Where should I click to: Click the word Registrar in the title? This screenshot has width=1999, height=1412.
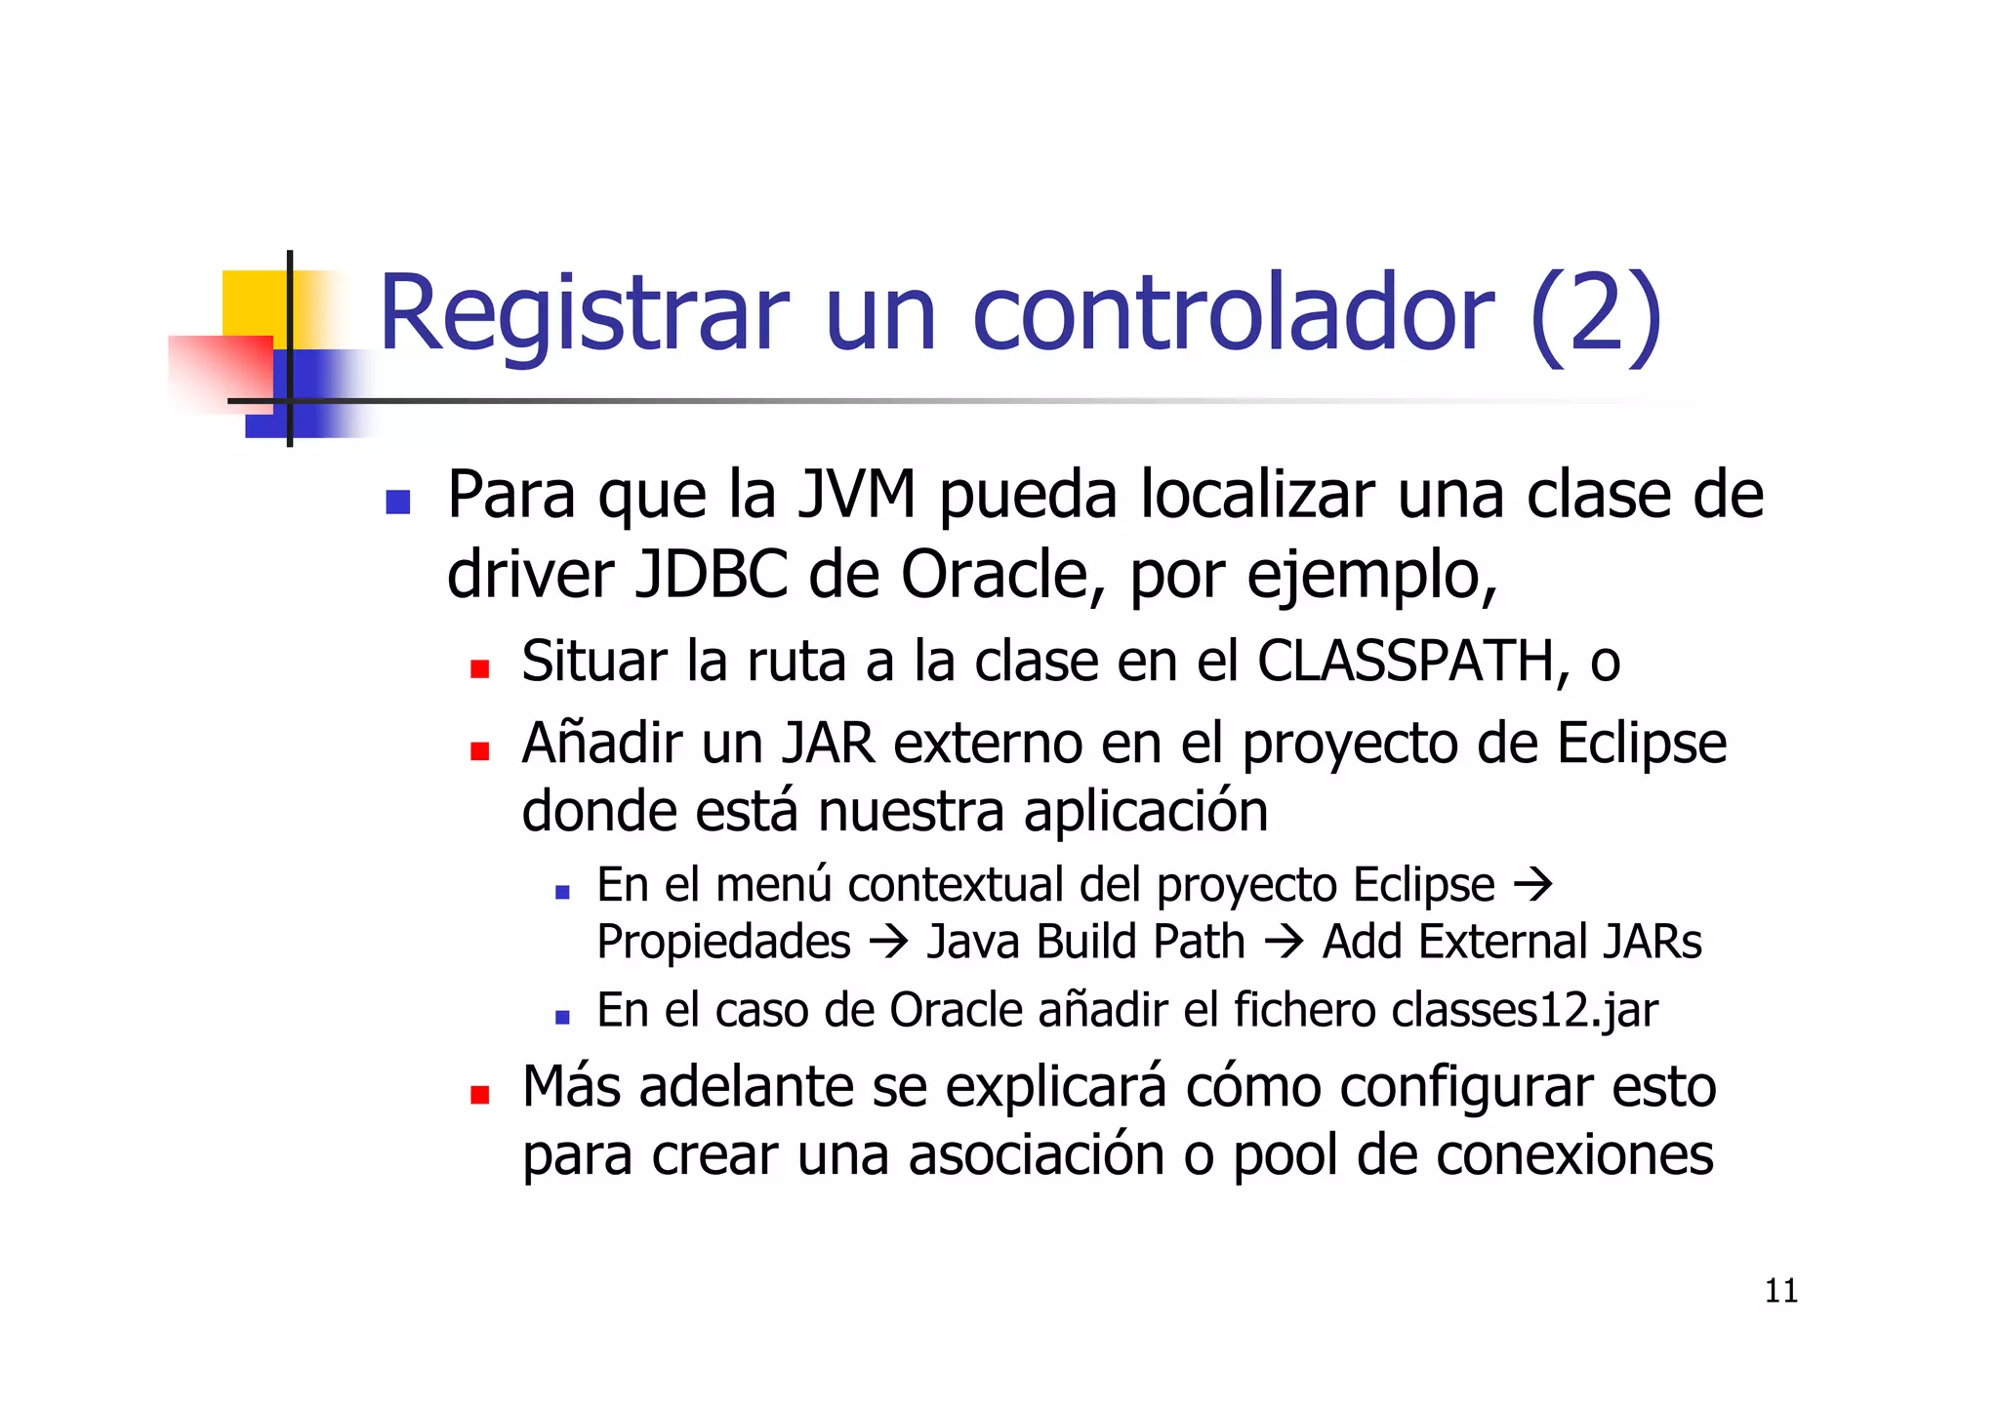[583, 314]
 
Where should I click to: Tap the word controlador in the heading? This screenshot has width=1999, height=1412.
[1233, 314]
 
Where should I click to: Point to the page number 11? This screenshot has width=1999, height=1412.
[1781, 1291]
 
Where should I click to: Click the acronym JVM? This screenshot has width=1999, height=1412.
[857, 495]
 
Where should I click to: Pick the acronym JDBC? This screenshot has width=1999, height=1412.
[711, 575]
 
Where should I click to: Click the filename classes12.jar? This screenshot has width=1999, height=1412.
[1525, 1010]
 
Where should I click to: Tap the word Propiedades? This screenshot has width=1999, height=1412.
[723, 943]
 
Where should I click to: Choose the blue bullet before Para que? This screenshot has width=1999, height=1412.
[397, 502]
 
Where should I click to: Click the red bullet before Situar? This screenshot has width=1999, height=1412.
[479, 669]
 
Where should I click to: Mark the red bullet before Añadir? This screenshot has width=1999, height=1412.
[479, 751]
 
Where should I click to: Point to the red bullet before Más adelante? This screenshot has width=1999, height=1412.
[479, 1095]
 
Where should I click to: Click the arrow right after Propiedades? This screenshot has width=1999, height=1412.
[888, 943]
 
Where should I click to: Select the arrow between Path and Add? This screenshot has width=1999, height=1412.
[1284, 943]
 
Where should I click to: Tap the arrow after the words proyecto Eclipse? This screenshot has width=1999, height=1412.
[1532, 885]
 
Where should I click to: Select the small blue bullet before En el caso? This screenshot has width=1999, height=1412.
[561, 1017]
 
